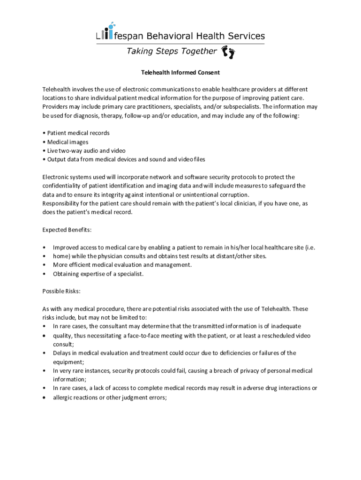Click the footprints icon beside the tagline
pyautogui.click(x=228, y=52)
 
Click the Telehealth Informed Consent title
pyautogui.click(x=180, y=73)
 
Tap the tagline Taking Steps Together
pyautogui.click(x=172, y=51)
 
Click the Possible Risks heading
pyautogui.click(x=61, y=291)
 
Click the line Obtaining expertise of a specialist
pyautogui.click(x=98, y=274)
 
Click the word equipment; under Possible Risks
pyautogui.click(x=68, y=362)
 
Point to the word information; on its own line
pyautogui.click(x=70, y=379)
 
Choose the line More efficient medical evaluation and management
pyautogui.click(x=122, y=265)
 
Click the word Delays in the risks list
pyautogui.click(x=62, y=353)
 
